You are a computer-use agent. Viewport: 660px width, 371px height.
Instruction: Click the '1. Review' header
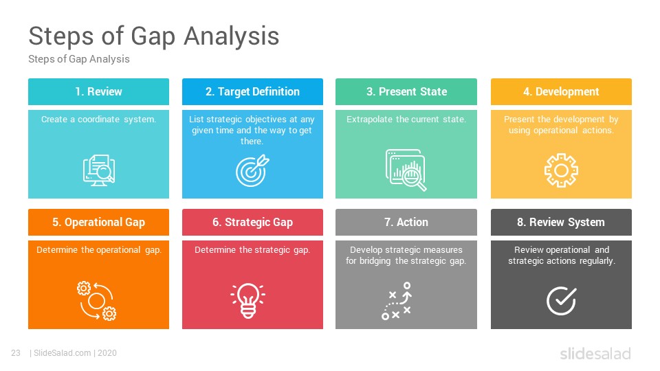[x=98, y=91]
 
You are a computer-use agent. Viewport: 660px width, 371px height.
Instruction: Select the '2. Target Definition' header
[x=252, y=91]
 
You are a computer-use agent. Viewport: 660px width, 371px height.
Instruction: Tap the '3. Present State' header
[x=406, y=91]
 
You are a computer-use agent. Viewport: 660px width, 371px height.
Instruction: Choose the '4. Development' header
[x=561, y=91]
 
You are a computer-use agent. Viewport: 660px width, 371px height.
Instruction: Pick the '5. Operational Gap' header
[x=98, y=222]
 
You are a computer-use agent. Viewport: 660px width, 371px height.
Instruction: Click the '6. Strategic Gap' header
[x=252, y=222]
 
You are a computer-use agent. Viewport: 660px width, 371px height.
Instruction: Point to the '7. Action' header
[x=406, y=222]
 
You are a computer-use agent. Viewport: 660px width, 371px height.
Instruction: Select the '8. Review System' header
[x=561, y=222]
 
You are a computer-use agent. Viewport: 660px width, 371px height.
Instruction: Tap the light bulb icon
[x=248, y=300]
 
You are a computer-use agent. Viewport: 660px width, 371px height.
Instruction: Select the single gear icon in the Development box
[x=561, y=170]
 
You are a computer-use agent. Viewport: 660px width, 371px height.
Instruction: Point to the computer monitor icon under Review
[x=99, y=170]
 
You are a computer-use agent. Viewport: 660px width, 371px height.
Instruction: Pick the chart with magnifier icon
[x=406, y=170]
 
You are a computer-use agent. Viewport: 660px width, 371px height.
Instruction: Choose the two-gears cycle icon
[x=97, y=301]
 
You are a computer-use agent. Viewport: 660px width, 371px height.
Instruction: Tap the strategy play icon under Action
[x=396, y=301]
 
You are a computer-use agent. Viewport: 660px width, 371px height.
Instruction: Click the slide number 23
[x=16, y=353]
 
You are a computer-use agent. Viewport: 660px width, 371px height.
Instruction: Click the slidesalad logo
[x=595, y=353]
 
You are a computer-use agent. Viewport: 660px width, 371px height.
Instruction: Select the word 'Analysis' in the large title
[x=232, y=36]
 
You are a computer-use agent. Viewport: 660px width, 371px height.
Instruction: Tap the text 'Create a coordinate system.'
[x=98, y=120]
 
